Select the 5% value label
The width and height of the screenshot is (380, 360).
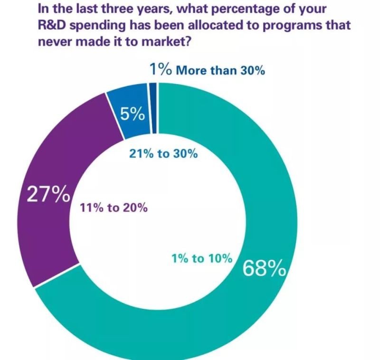pyautogui.click(x=132, y=114)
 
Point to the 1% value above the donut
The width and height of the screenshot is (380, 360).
pyautogui.click(x=160, y=70)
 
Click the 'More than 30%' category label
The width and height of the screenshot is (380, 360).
pyautogui.click(x=220, y=71)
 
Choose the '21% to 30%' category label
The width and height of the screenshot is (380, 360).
pyautogui.click(x=163, y=154)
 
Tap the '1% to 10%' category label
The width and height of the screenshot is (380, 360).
pyautogui.click(x=201, y=258)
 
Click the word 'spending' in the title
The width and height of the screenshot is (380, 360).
pyautogui.click(x=97, y=25)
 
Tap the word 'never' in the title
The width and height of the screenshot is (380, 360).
pyautogui.click(x=52, y=41)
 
